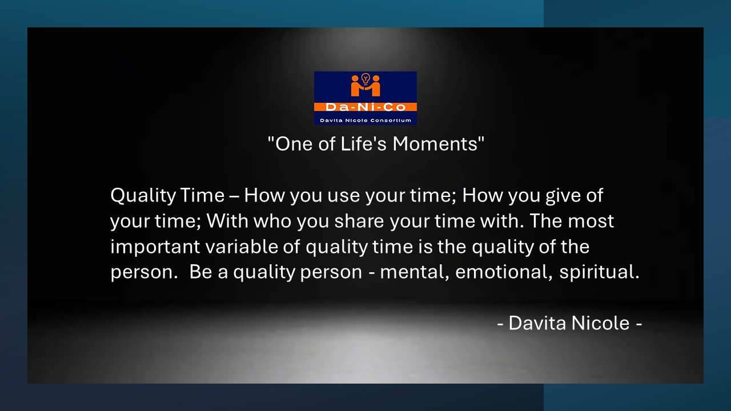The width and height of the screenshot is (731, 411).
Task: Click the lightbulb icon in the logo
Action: coord(365,79)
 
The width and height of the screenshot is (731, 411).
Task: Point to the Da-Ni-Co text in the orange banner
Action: coord(365,107)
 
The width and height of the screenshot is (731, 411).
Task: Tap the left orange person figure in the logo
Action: coord(356,86)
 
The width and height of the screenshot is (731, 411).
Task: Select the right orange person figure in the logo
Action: coord(374,86)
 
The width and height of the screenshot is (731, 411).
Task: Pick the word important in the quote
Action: coord(155,247)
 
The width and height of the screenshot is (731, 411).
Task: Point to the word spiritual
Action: coord(599,272)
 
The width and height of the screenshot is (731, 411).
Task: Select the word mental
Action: coord(415,272)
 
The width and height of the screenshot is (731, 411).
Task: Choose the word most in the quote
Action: coord(591,221)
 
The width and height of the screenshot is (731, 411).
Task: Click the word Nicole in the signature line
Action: coord(600,323)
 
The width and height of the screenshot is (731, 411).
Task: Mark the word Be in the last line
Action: coord(200,272)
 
